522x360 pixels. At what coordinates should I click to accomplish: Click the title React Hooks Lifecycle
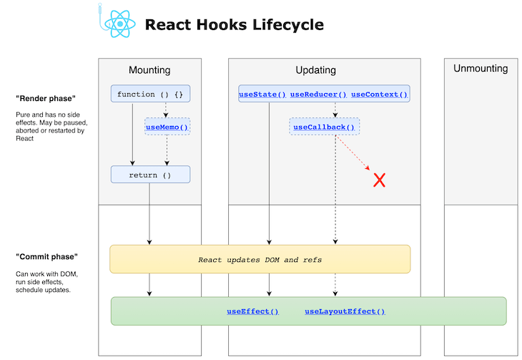[234, 25]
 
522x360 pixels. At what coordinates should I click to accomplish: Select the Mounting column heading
[149, 70]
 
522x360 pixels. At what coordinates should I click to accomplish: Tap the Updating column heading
[315, 70]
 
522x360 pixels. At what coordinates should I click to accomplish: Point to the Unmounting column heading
[481, 69]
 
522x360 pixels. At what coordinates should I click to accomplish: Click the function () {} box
[150, 94]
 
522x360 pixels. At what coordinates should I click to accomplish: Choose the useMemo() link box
[167, 127]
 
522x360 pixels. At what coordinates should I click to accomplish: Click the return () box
[150, 175]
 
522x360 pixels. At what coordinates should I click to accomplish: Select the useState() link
[262, 94]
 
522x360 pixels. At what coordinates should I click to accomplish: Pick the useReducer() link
[318, 94]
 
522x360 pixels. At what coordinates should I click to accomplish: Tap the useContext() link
[379, 94]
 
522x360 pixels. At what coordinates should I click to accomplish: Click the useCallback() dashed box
[325, 127]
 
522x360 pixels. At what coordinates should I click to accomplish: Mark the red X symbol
[380, 180]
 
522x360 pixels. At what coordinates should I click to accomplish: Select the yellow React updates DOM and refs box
[260, 259]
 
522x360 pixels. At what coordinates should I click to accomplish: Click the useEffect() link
[252, 311]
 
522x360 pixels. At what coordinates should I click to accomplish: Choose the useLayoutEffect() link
[345, 311]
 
